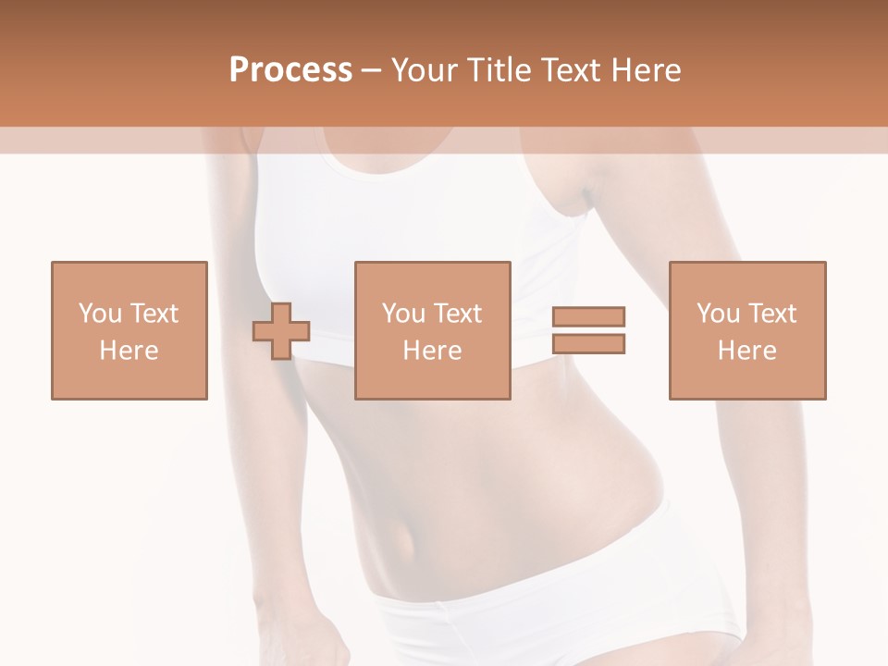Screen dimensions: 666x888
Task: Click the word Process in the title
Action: click(x=290, y=70)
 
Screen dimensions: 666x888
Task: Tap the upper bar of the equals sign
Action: click(x=588, y=317)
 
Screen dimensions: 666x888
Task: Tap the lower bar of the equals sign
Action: click(x=588, y=343)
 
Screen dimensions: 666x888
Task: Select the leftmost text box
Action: click(x=129, y=330)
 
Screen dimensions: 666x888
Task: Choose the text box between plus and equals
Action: click(x=432, y=330)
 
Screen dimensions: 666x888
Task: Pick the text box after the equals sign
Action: click(x=746, y=330)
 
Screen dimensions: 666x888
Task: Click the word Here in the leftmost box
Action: click(x=129, y=351)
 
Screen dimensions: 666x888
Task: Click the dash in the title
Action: click(x=371, y=70)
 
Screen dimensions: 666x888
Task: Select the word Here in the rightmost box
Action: click(x=746, y=351)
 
